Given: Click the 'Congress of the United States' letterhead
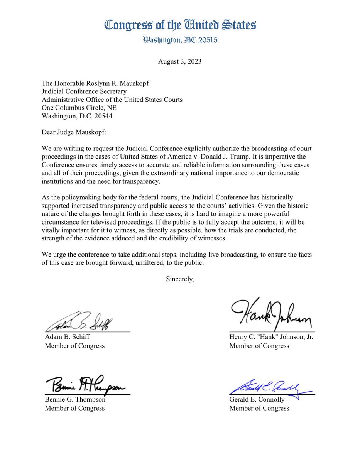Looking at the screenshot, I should click(x=180, y=25).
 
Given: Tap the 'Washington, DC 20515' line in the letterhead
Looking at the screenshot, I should click(x=180, y=40).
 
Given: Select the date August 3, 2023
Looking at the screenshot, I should click(x=180, y=61).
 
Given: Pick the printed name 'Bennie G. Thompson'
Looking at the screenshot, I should click(x=75, y=400).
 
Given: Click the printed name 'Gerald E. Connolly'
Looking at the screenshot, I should click(x=257, y=400).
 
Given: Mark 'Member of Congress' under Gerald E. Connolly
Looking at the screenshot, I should click(x=259, y=408).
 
